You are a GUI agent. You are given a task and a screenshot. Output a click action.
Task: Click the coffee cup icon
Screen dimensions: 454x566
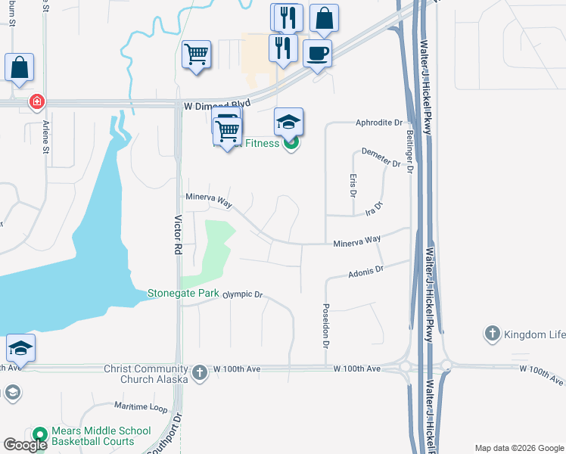pos(317,54)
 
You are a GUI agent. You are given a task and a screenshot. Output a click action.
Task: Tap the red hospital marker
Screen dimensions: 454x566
pos(36,101)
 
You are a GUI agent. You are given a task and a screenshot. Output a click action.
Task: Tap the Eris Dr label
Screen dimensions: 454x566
pos(353,183)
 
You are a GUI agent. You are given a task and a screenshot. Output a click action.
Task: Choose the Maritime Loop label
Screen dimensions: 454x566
pos(141,407)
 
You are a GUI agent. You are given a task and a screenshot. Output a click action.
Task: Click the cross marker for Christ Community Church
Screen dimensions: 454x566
pos(199,372)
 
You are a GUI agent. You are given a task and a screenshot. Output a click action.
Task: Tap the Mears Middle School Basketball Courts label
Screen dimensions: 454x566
pos(92,437)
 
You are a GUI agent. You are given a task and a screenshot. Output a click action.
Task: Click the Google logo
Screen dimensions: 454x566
pos(25,445)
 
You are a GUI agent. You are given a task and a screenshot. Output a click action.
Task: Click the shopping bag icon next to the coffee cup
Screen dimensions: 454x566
pos(324,20)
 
